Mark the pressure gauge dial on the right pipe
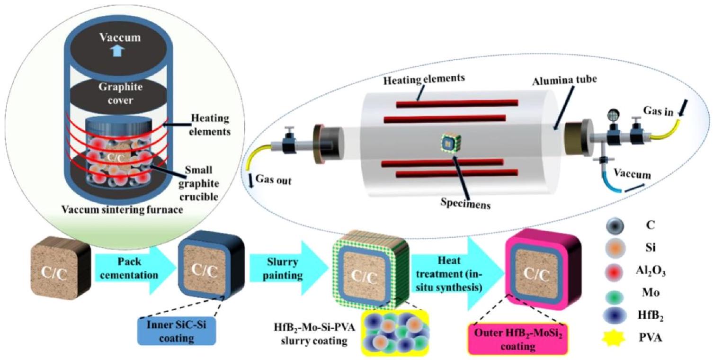click(x=611, y=117)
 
